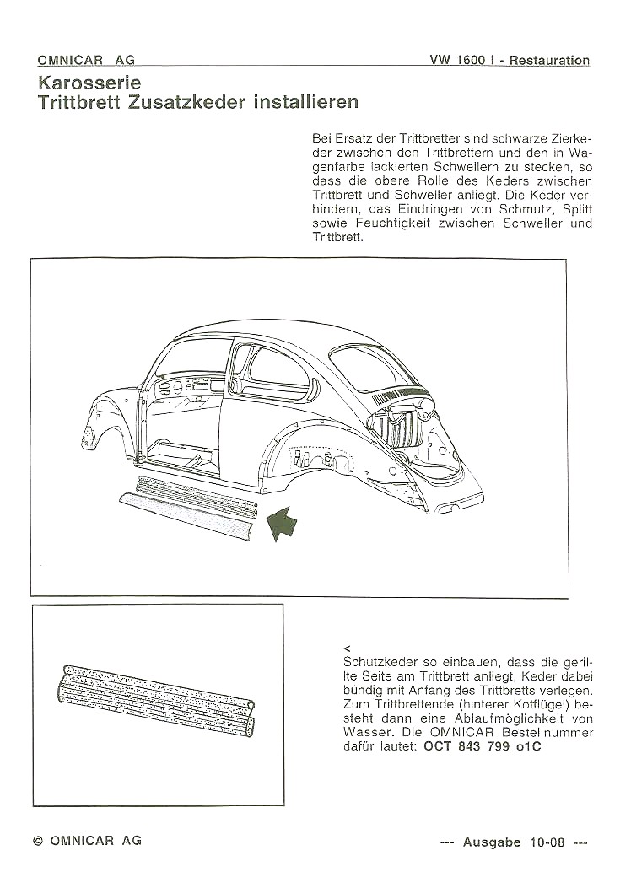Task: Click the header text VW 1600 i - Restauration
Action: (509, 60)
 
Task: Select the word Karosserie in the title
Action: (89, 83)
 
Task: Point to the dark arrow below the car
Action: (283, 520)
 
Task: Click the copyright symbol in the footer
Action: (37, 841)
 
